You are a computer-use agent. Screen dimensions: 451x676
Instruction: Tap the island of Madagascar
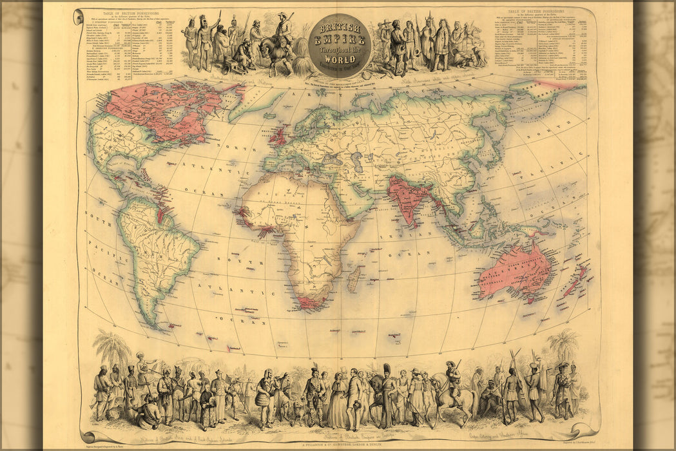pyautogui.click(x=354, y=278)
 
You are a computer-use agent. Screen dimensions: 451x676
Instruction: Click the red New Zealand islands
pyautogui.click(x=575, y=281)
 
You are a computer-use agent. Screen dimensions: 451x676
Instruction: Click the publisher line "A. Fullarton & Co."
pyautogui.click(x=340, y=443)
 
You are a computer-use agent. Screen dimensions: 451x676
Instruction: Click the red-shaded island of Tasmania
pyautogui.click(x=530, y=300)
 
